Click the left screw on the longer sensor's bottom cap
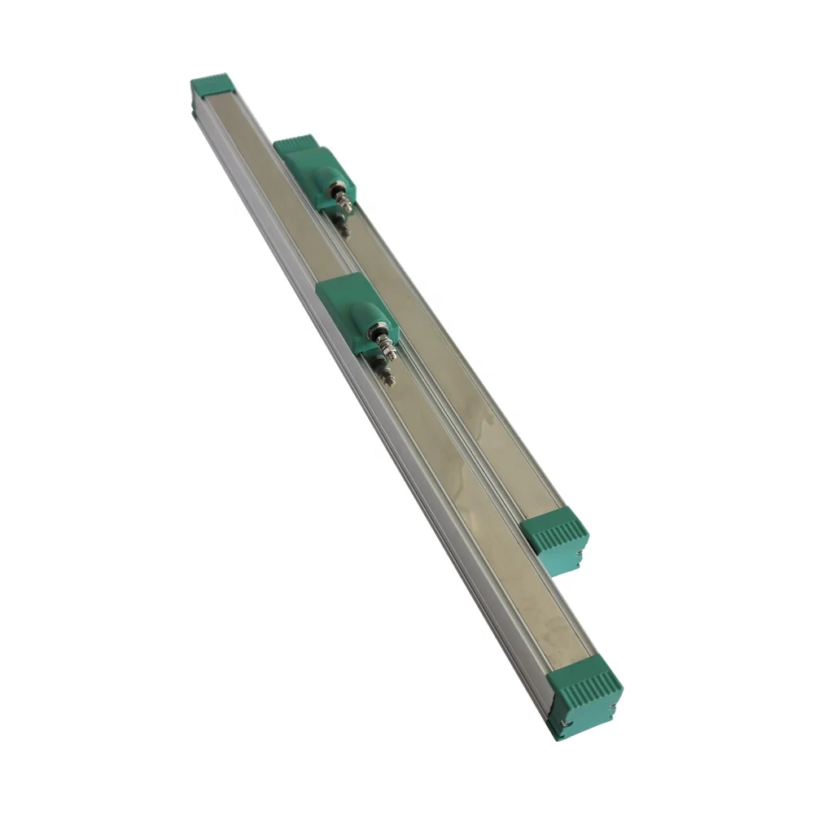560,722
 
